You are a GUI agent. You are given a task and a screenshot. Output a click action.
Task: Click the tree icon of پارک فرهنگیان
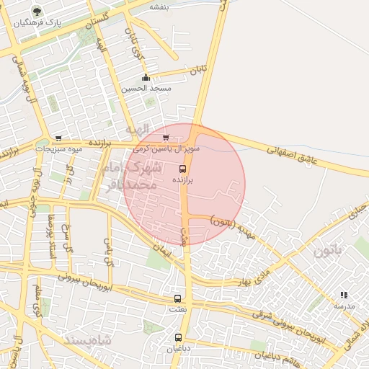36,12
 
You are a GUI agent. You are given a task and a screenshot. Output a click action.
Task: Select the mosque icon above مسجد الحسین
146,78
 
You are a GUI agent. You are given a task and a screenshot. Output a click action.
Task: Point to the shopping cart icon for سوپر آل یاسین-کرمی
166,137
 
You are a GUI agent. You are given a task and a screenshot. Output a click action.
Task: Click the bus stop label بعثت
177,309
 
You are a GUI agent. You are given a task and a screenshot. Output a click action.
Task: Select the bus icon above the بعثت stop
177,298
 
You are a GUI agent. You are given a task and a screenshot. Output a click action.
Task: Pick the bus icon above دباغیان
179,337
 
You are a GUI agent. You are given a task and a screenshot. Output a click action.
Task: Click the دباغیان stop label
179,349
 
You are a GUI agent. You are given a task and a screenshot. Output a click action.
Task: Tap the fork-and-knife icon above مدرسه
344,295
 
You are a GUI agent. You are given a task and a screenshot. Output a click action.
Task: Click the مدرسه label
344,306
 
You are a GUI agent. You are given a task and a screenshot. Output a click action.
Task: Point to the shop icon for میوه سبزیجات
58,138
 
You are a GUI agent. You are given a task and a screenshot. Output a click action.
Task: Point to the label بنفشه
159,6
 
